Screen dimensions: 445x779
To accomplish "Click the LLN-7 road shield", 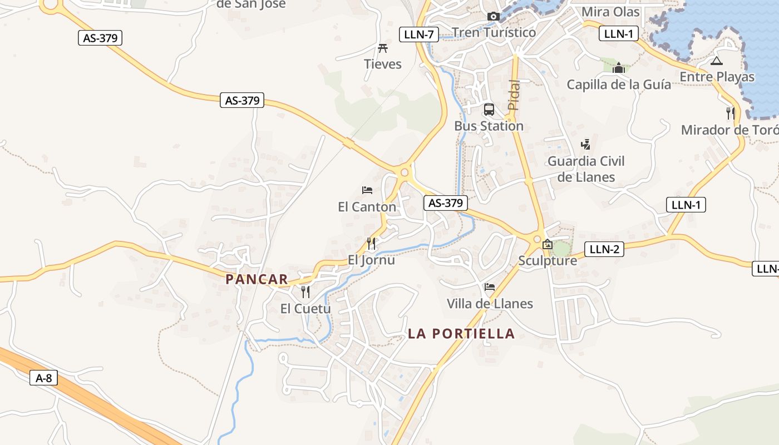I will pyautogui.click(x=419, y=34).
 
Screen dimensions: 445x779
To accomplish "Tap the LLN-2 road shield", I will pyautogui.click(x=604, y=249).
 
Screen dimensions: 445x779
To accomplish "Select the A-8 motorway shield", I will pyautogui.click(x=43, y=378).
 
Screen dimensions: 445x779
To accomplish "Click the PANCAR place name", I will pyautogui.click(x=257, y=279).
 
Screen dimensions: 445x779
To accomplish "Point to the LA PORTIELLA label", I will pyautogui.click(x=461, y=334).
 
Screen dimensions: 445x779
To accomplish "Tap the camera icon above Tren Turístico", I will pyautogui.click(x=493, y=16).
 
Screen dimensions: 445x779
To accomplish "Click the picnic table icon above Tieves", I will pyautogui.click(x=383, y=48).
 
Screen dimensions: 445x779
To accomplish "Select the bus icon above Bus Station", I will pyautogui.click(x=489, y=110).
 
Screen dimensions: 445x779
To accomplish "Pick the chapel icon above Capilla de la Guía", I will pyautogui.click(x=618, y=68).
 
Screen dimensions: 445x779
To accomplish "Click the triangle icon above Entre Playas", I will pyautogui.click(x=716, y=61).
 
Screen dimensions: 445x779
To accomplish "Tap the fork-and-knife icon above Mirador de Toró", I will pyautogui.click(x=731, y=113).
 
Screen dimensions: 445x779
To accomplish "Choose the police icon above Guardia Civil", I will pyautogui.click(x=585, y=145).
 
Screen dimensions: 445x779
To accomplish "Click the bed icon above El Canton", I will pyautogui.click(x=367, y=190).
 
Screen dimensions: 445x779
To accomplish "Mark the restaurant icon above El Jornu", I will pyautogui.click(x=371, y=243).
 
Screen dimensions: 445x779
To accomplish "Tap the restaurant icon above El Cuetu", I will pyautogui.click(x=305, y=292).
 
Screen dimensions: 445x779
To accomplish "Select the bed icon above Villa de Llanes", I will pyautogui.click(x=490, y=287).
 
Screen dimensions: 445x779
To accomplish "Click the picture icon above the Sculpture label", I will pyautogui.click(x=548, y=244).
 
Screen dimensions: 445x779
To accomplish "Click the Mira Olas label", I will pyautogui.click(x=610, y=12).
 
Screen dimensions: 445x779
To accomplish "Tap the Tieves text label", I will pyautogui.click(x=383, y=64).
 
